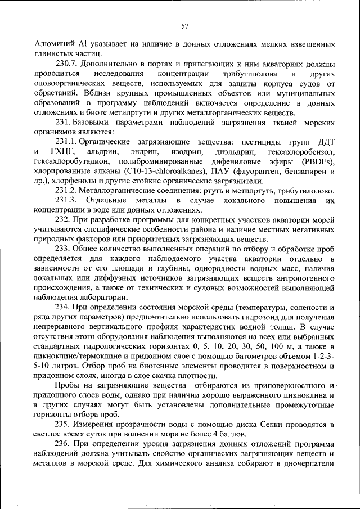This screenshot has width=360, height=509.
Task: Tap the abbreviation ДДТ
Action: pyautogui.click(x=325, y=142)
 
